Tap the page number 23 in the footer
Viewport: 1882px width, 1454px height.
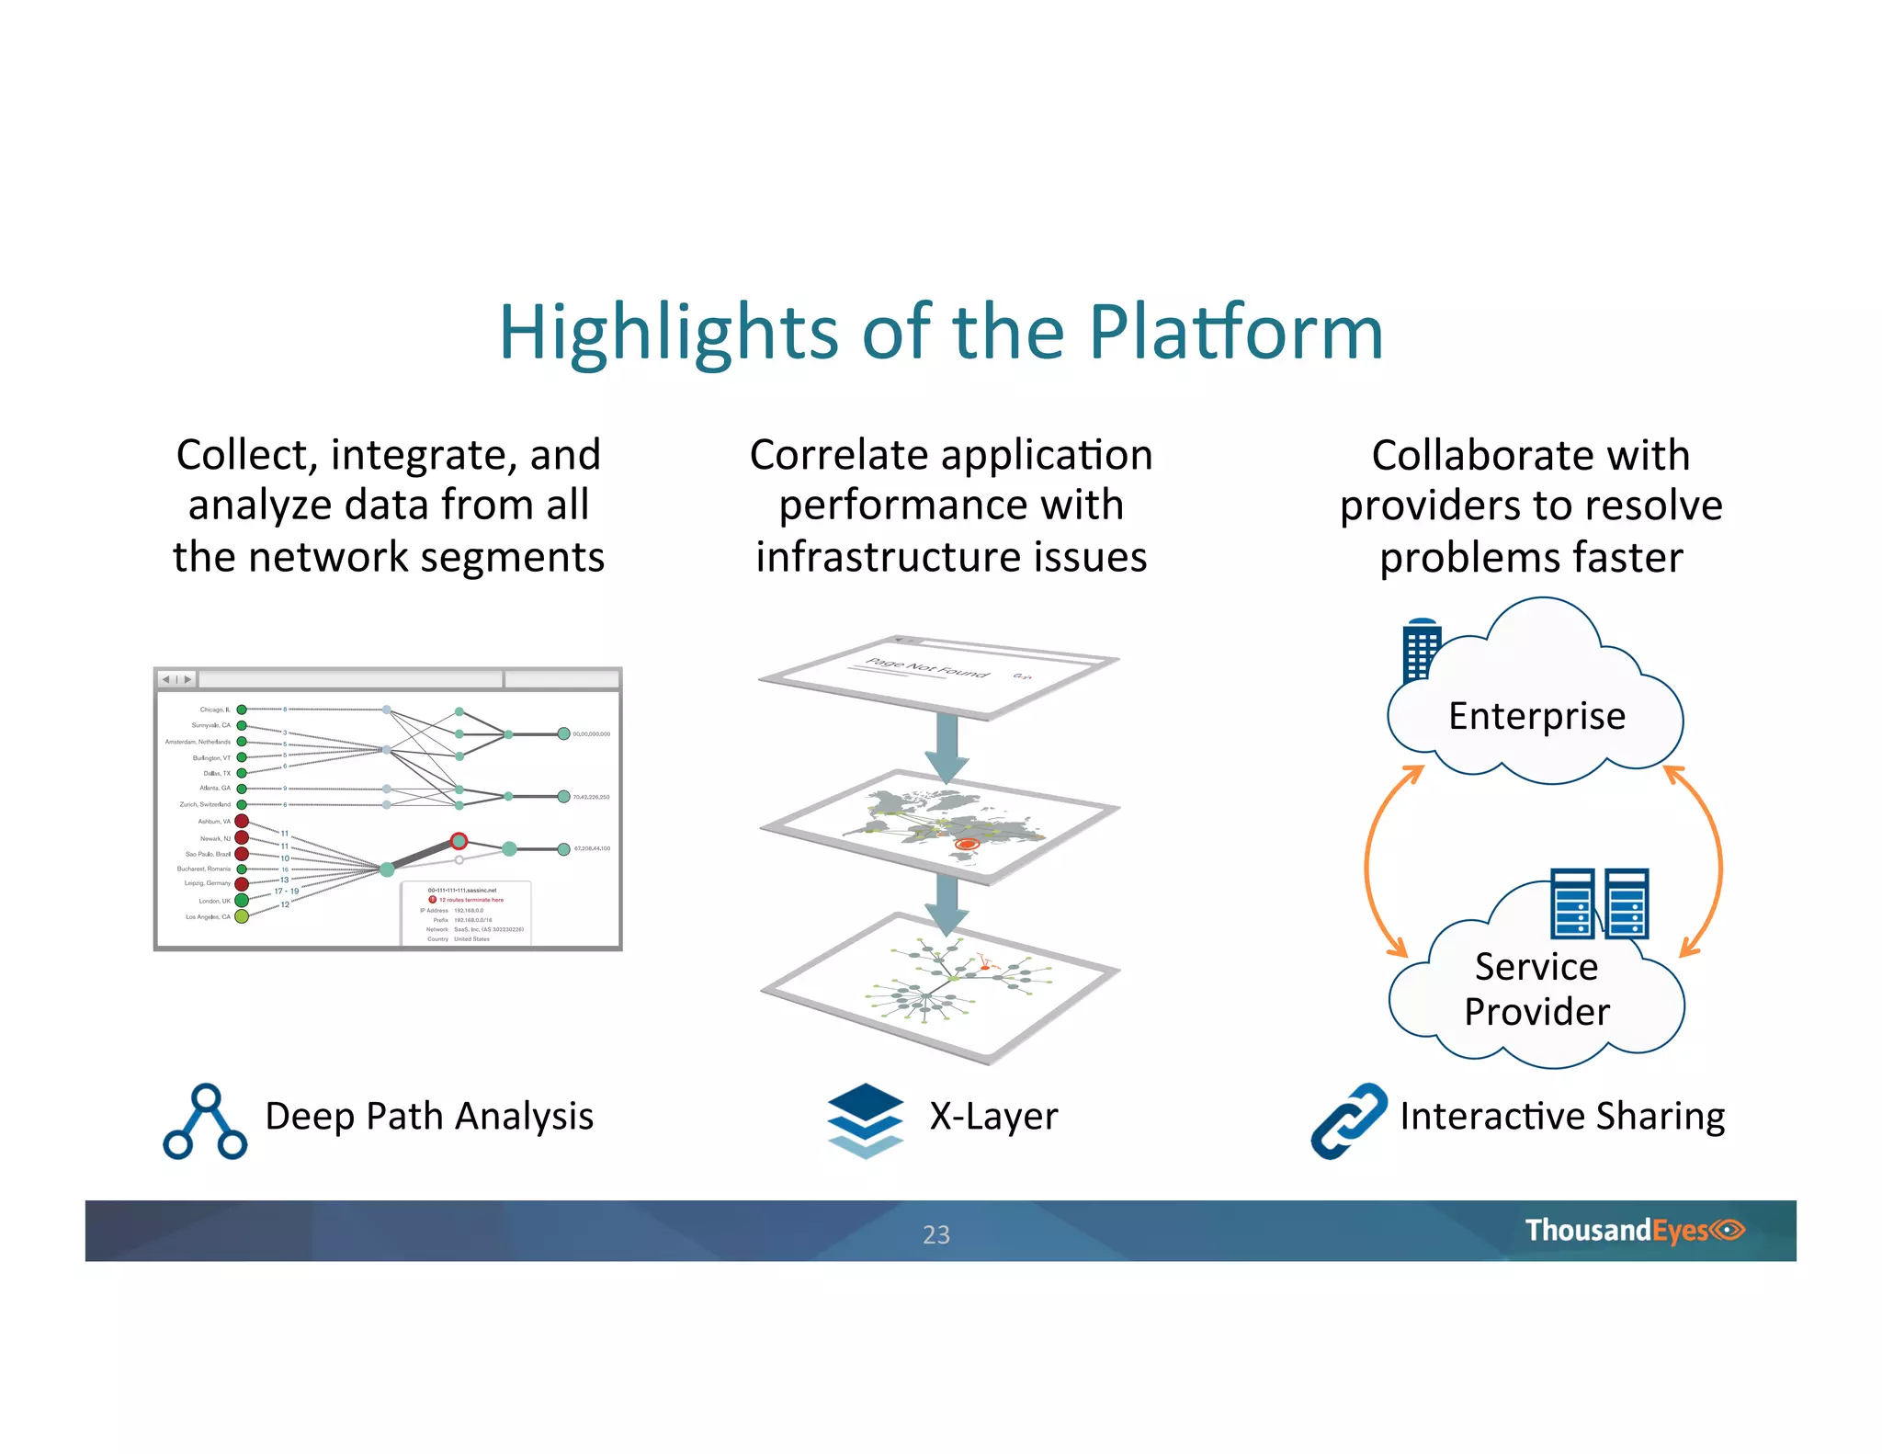(935, 1234)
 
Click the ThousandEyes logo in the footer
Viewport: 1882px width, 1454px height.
(1633, 1230)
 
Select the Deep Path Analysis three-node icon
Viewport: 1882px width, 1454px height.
(205, 1121)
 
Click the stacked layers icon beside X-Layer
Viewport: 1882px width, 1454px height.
(865, 1120)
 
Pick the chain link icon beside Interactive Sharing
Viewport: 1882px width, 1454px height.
(1348, 1120)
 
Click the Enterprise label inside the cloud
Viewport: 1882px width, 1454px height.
(1536, 716)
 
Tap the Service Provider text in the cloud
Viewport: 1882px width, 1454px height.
(1536, 989)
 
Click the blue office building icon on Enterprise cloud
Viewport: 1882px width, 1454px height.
(1420, 650)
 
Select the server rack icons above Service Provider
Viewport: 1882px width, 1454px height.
(1599, 903)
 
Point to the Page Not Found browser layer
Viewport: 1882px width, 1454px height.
(937, 676)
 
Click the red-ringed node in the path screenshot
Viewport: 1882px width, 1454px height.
(459, 841)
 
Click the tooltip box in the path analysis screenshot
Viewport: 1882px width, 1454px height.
(466, 914)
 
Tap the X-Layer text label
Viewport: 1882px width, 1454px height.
(993, 1117)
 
